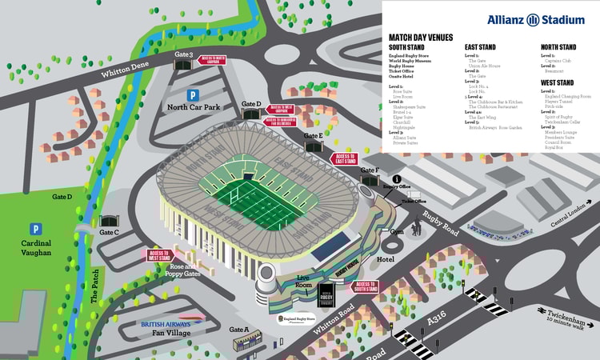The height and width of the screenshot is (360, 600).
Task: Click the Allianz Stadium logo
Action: (535, 18)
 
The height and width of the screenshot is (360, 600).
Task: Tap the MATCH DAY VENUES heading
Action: (420, 37)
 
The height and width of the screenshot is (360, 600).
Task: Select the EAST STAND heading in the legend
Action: (482, 47)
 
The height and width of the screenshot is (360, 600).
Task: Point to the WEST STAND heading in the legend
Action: (557, 82)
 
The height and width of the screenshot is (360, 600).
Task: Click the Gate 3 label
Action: (184, 55)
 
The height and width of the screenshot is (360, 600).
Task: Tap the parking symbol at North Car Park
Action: (191, 94)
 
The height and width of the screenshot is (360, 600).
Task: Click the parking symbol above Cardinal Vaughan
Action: (34, 229)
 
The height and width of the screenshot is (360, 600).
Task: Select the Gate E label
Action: (314, 136)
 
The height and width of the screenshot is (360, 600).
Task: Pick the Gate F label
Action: (369, 170)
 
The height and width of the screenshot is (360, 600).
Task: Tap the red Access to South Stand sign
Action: (366, 286)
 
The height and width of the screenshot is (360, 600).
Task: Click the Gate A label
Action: (239, 330)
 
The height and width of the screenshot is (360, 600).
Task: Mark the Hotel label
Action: (386, 260)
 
